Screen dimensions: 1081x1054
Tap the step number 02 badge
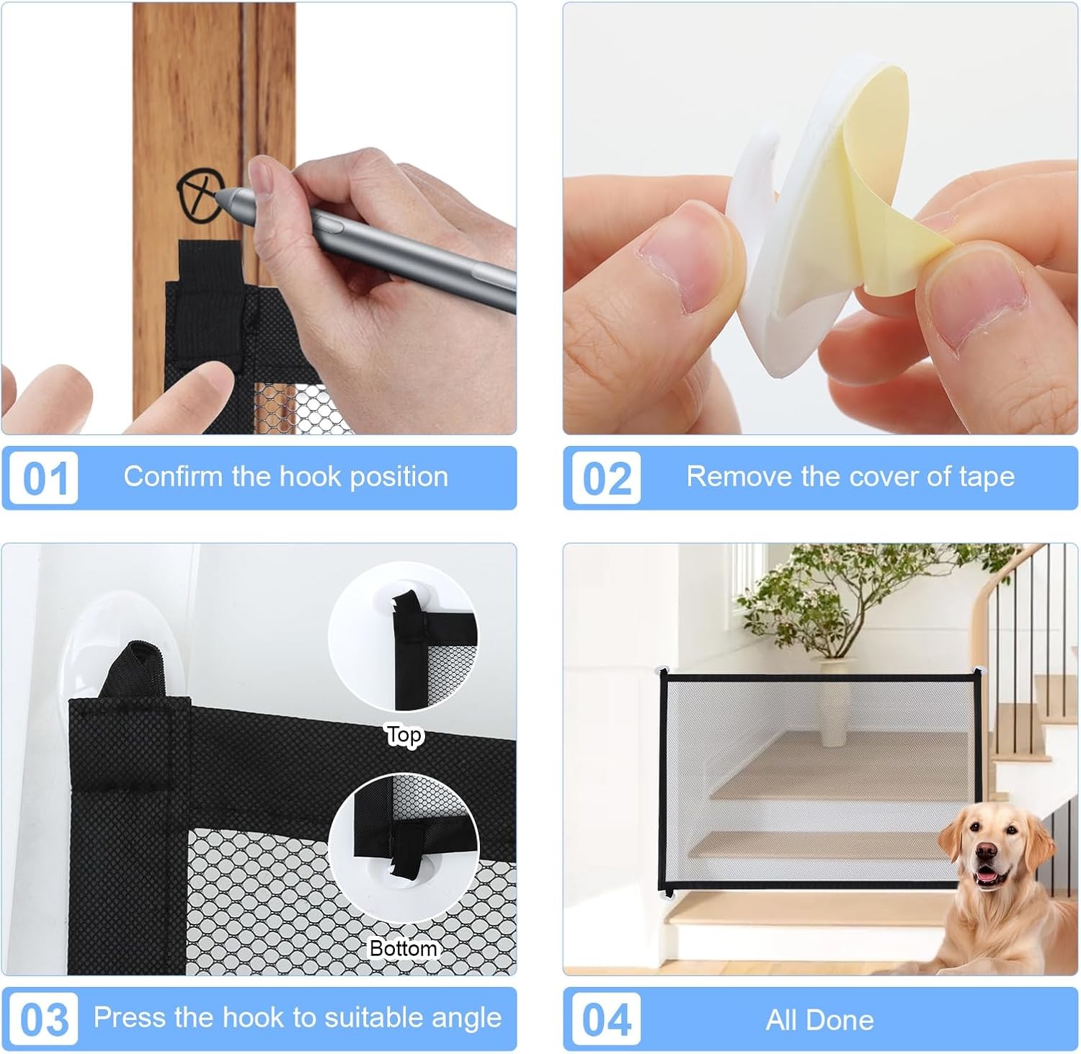click(x=606, y=478)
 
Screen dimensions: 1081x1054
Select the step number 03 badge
click(x=44, y=1019)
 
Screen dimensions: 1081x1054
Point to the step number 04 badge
click(x=606, y=1019)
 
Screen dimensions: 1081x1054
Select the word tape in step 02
click(x=987, y=478)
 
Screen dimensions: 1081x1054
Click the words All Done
click(x=819, y=1020)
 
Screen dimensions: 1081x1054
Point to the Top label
click(x=404, y=736)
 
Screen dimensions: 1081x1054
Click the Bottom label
click(x=403, y=948)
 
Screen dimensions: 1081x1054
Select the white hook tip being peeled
click(x=749, y=195)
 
